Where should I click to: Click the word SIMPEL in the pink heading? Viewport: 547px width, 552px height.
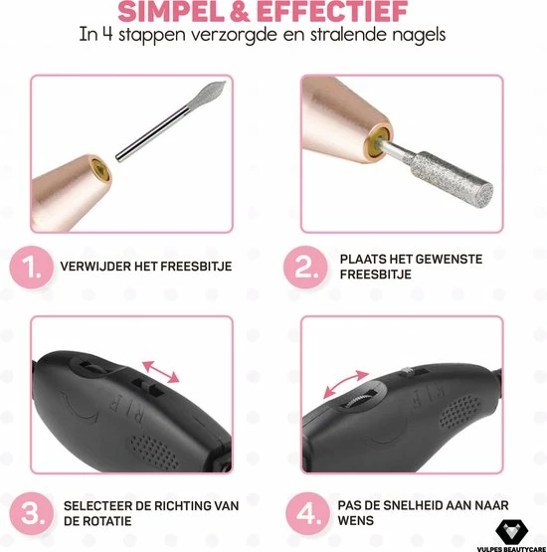click(x=170, y=12)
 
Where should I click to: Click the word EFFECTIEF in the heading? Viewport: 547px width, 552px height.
click(x=332, y=12)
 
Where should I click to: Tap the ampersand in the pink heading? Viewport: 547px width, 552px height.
click(x=240, y=12)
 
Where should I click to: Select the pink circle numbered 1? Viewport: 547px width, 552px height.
click(x=31, y=268)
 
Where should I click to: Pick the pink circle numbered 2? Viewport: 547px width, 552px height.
click(x=305, y=268)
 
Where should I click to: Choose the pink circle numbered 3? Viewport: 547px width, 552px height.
click(x=31, y=513)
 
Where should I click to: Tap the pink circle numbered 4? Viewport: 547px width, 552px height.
click(x=307, y=513)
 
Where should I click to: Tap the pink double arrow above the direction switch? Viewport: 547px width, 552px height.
click(x=160, y=372)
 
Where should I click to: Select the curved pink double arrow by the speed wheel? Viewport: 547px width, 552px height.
click(x=345, y=384)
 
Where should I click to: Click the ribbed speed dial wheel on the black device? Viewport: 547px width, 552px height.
click(x=361, y=399)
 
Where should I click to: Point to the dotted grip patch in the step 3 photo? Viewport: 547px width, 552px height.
click(x=154, y=452)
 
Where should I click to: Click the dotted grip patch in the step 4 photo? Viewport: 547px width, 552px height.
click(x=459, y=411)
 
